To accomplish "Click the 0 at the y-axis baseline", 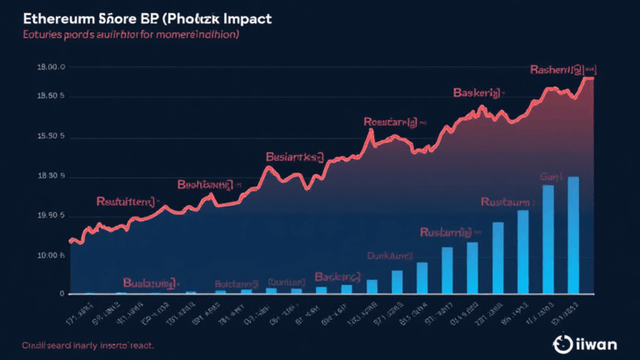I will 61,293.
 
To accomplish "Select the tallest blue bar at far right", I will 573,235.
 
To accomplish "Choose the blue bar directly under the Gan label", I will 548,239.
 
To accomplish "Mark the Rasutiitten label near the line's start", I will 126,201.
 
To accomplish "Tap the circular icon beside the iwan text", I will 561,342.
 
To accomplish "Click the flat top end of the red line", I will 587,77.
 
